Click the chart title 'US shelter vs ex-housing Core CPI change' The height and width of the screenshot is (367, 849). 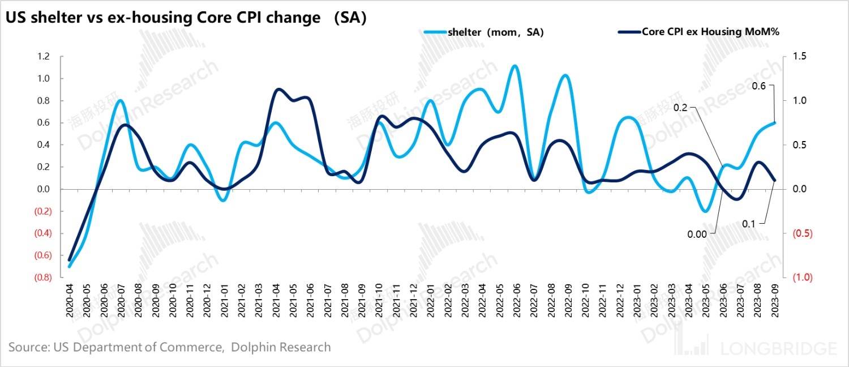coord(163,18)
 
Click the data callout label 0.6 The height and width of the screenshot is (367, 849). coord(759,86)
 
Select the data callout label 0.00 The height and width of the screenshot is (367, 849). coord(697,233)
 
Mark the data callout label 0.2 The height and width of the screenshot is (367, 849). coord(681,108)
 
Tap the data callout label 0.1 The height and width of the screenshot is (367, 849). coord(749,224)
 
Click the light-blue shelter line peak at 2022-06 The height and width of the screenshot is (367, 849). coord(514,66)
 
